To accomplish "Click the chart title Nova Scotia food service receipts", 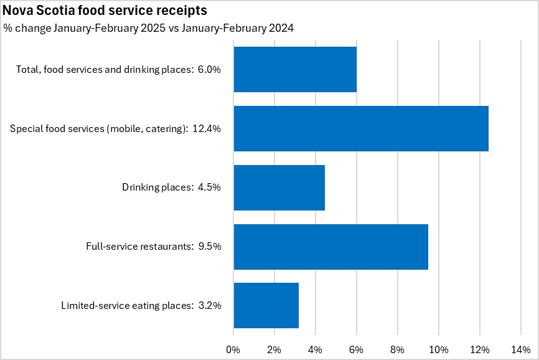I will coord(105,11).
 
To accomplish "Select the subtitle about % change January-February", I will coord(149,28).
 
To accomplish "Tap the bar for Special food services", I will coord(360,128).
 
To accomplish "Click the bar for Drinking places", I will coord(279,187).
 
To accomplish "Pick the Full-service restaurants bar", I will coord(330,247).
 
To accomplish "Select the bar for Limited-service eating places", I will coord(266,305).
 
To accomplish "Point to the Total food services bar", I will coord(294,69).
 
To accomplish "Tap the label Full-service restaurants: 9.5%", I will coord(153,247).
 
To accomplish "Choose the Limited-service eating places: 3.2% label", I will coord(141,305).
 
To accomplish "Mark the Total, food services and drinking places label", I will coord(118,69).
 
